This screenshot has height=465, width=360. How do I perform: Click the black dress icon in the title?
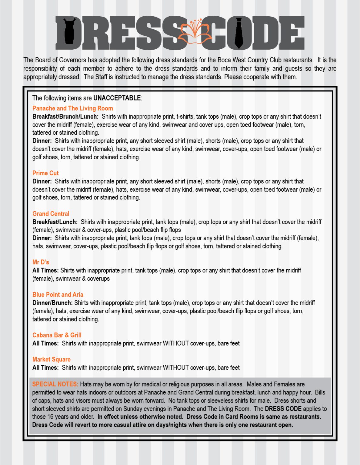click(69, 31)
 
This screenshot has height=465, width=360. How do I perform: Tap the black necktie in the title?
click(239, 33)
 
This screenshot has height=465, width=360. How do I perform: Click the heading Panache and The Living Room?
click(73, 108)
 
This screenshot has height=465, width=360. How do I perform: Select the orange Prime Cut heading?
click(45, 173)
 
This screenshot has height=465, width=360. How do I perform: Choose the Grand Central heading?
click(51, 214)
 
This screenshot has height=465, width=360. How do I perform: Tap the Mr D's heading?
click(41, 262)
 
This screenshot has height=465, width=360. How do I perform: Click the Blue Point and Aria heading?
click(58, 295)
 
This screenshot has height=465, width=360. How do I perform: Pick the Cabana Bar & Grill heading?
click(57, 335)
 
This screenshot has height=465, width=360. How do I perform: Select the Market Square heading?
click(51, 359)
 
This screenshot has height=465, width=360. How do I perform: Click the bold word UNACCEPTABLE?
click(117, 98)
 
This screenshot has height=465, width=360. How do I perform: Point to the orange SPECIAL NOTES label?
click(55, 384)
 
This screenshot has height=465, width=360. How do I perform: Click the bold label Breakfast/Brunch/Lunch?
click(65, 117)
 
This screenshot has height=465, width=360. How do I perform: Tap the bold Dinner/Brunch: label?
click(52, 303)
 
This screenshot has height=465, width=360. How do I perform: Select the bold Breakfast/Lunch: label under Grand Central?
click(55, 222)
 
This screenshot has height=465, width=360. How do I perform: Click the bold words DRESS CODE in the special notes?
click(283, 409)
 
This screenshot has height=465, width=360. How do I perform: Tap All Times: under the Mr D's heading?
click(45, 270)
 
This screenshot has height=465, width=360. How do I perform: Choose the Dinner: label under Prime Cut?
click(42, 181)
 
